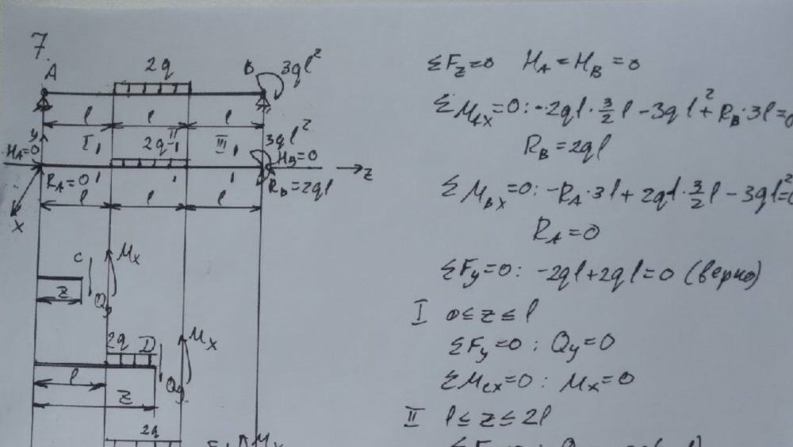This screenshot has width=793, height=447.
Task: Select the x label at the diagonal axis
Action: [17, 226]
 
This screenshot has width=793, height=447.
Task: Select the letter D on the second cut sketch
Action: [147, 343]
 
